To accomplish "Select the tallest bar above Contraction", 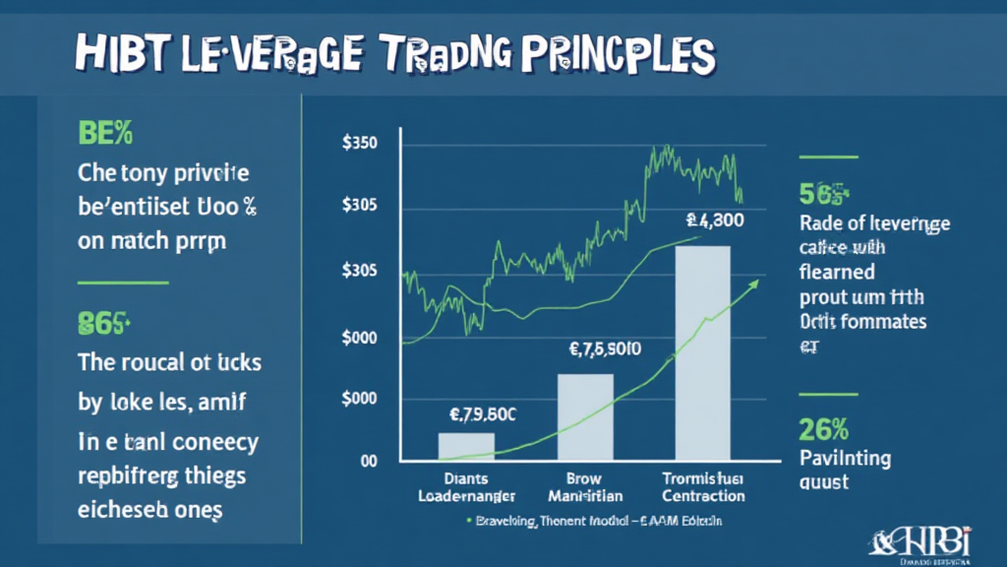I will pyautogui.click(x=702, y=352).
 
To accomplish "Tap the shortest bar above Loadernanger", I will pyautogui.click(x=466, y=447).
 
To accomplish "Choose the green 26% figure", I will pyautogui.click(x=824, y=428).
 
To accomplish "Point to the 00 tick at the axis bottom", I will pyautogui.click(x=370, y=460).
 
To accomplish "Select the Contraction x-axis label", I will pyautogui.click(x=702, y=496).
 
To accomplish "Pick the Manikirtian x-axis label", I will pyautogui.click(x=585, y=496).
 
